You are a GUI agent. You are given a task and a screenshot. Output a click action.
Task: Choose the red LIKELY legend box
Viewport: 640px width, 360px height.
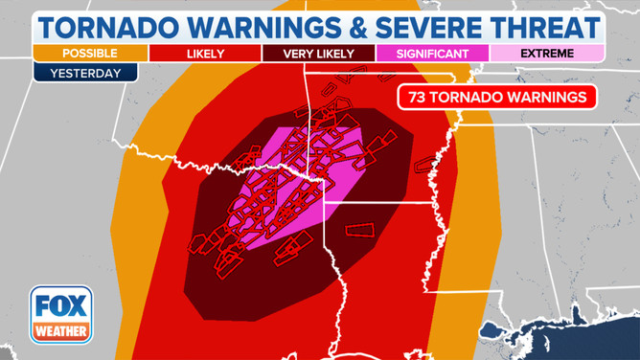203,53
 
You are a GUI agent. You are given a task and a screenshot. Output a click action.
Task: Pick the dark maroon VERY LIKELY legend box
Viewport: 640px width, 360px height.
318,53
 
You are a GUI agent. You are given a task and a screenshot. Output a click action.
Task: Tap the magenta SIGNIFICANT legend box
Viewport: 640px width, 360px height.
433,53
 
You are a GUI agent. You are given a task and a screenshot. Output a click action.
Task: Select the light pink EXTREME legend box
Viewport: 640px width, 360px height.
547,53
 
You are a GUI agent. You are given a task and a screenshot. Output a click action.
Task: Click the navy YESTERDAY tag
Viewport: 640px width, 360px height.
86,72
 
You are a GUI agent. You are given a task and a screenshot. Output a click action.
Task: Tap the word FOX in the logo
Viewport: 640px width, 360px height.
60,305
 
